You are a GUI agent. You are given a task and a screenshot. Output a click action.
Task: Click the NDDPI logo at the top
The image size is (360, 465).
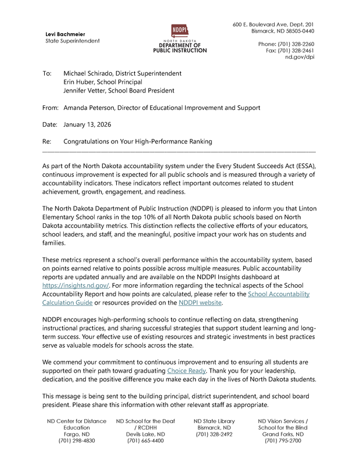[179, 30]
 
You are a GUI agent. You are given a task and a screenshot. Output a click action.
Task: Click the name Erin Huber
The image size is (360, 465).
[80, 82]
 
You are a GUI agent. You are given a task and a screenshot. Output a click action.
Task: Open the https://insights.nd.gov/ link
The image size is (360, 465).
[76, 285]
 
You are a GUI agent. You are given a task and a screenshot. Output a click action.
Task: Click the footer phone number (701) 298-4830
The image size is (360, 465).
[76, 441]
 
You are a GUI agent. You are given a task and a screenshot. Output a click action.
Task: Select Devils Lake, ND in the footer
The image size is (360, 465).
[145, 434]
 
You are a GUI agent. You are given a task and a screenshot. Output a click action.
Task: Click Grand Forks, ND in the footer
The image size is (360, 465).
[282, 434]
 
